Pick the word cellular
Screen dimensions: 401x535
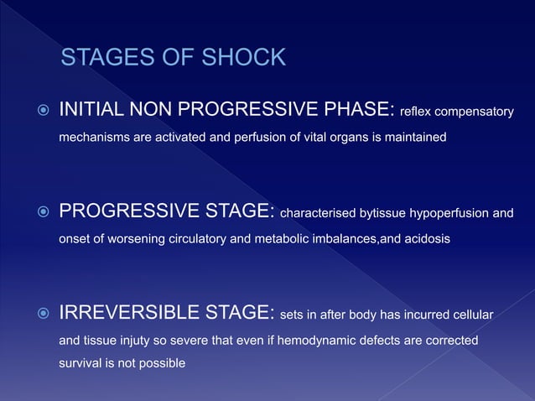(x=473, y=315)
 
